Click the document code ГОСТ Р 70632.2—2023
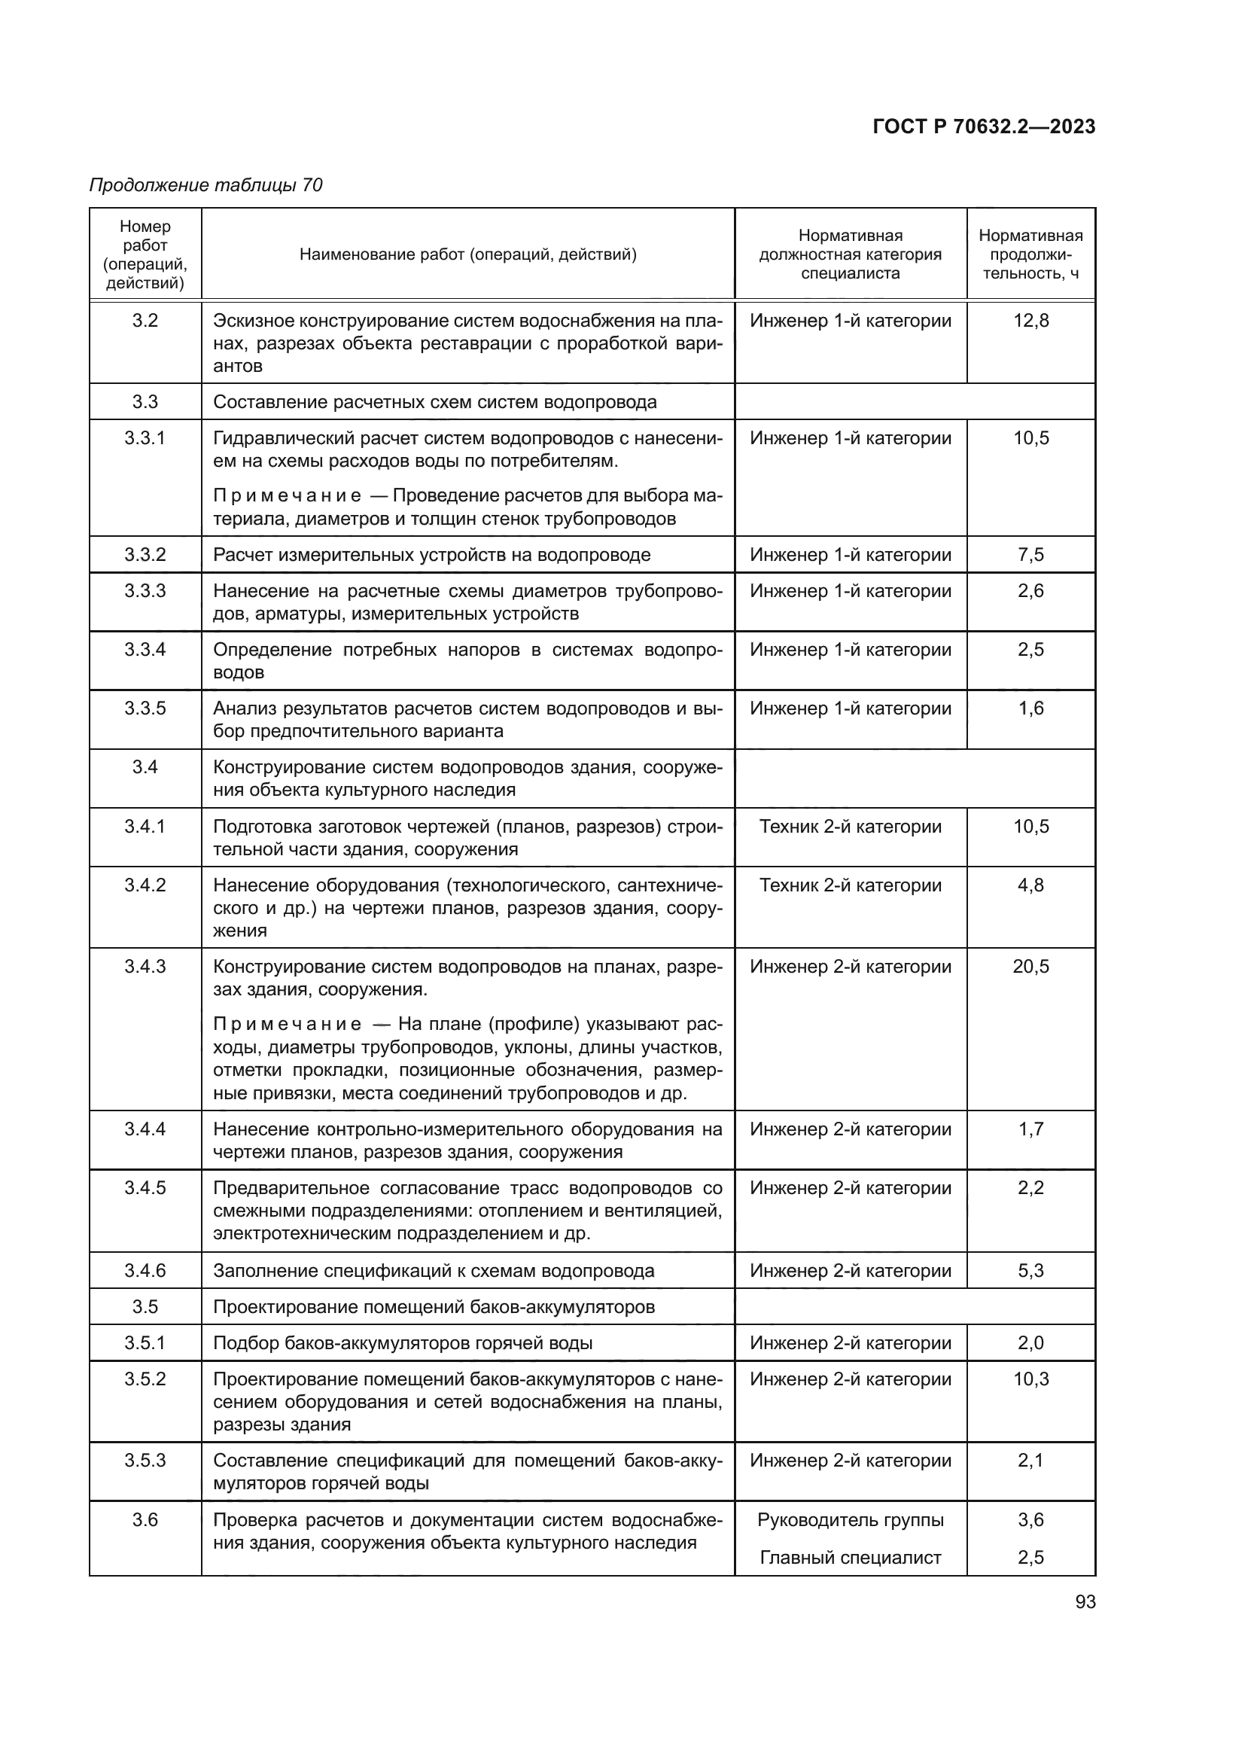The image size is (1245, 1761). (x=984, y=126)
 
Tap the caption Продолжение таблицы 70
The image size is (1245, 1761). (x=205, y=185)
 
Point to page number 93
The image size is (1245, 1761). (x=1085, y=1601)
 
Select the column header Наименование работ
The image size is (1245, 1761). (x=467, y=254)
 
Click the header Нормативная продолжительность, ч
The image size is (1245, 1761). (x=1030, y=254)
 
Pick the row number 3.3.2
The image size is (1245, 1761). (x=145, y=555)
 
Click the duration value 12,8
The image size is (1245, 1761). (x=1030, y=321)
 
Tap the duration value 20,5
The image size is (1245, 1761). (x=1030, y=967)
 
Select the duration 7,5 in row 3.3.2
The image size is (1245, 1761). (x=1030, y=555)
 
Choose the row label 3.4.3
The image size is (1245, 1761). (x=145, y=967)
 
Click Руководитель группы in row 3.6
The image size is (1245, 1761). (x=850, y=1519)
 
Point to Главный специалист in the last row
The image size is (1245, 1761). (x=850, y=1557)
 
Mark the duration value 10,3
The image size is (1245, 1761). (x=1030, y=1379)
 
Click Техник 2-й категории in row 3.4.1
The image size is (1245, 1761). (x=850, y=826)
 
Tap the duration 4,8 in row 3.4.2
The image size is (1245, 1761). (x=1030, y=885)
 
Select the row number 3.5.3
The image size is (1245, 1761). (x=145, y=1461)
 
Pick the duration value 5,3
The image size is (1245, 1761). (x=1030, y=1271)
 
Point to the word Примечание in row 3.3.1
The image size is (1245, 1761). (x=287, y=496)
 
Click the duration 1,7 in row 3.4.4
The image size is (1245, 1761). (x=1030, y=1129)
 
